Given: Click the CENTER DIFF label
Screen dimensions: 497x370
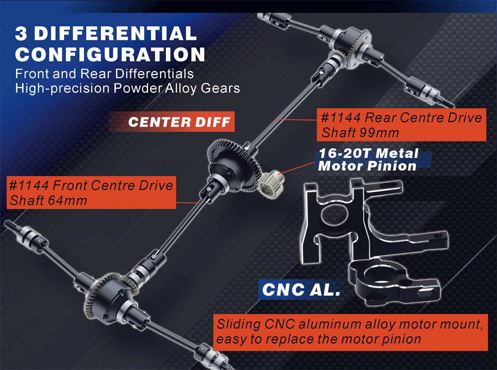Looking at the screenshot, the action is (x=179, y=122).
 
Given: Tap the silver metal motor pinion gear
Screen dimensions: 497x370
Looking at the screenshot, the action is (x=271, y=184).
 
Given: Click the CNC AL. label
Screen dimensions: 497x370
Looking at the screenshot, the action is (x=301, y=289).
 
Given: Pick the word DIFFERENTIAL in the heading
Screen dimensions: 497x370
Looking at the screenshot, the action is (x=115, y=34).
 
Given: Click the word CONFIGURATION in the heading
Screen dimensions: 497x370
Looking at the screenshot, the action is (x=110, y=54).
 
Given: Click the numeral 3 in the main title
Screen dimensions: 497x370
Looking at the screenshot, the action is (x=21, y=34).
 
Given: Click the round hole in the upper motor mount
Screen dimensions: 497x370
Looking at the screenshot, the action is (x=334, y=215).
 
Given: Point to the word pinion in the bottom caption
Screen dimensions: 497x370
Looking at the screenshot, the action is (x=401, y=339).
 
